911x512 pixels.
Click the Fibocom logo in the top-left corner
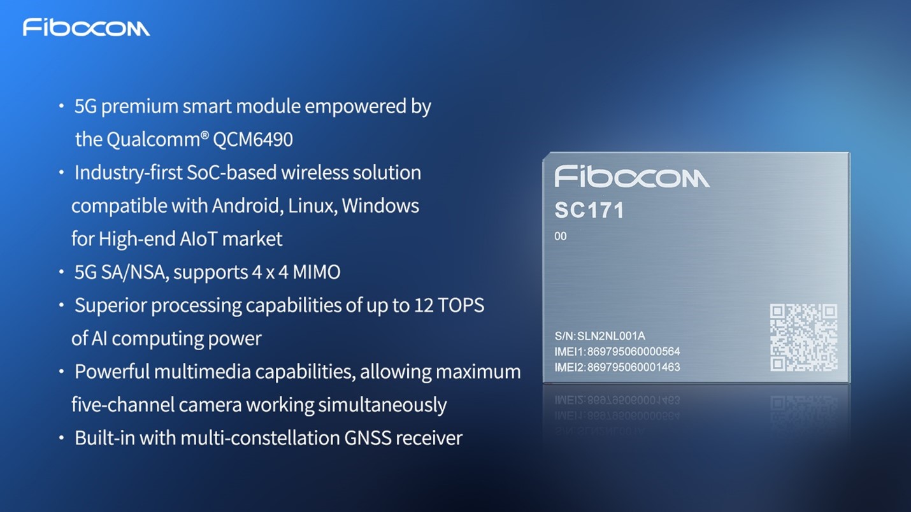click(x=86, y=27)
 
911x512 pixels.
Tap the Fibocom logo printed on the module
click(x=632, y=176)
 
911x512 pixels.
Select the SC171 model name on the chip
click(x=589, y=210)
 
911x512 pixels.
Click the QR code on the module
click(x=803, y=338)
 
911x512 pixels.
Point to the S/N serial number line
click(x=600, y=336)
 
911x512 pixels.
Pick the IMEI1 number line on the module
click(x=617, y=352)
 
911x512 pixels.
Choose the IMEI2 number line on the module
click(x=617, y=367)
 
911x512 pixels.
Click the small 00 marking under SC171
click(x=561, y=236)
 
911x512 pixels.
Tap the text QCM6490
click(x=253, y=139)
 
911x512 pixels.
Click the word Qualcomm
click(x=154, y=139)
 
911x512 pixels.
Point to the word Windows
click(x=380, y=206)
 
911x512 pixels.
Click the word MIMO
click(x=317, y=272)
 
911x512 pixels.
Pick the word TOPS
click(x=461, y=306)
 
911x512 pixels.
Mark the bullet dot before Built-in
click(x=61, y=438)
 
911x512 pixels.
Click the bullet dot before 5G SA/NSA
click(x=61, y=272)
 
